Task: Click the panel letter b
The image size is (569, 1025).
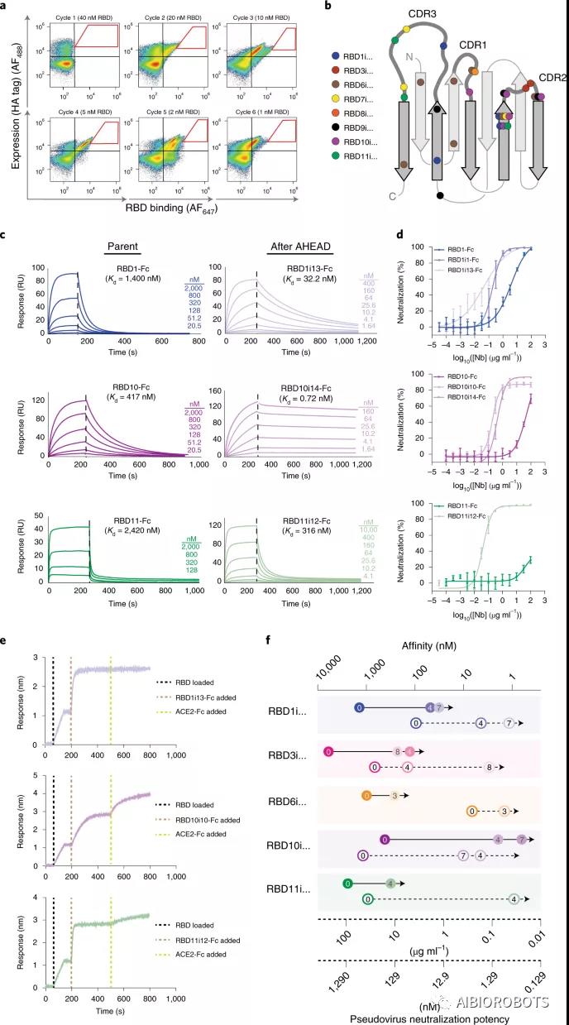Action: point(306,7)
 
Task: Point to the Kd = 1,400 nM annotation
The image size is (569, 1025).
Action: point(126,280)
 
